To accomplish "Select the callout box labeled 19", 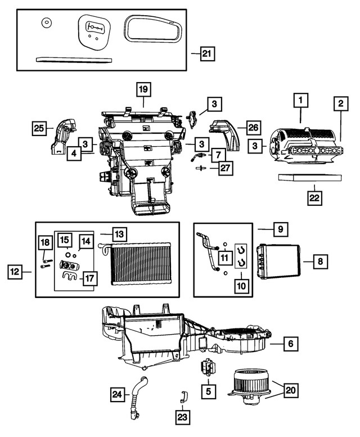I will [143, 89].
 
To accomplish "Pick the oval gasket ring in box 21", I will [152, 29].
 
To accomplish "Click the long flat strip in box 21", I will [73, 58].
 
